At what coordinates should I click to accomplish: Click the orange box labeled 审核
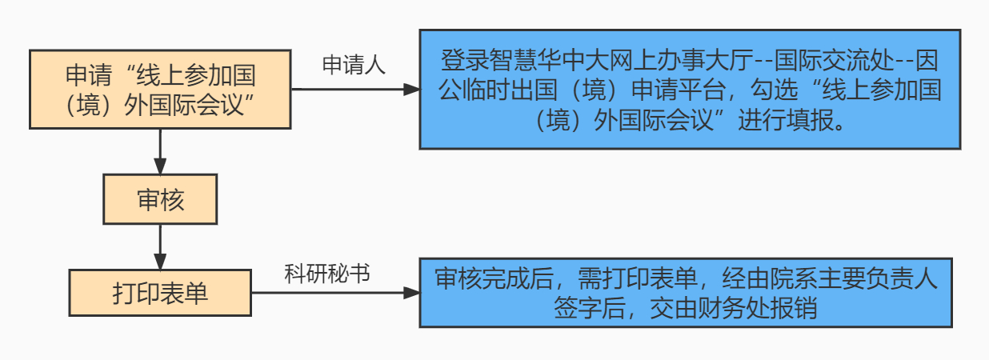point(160,199)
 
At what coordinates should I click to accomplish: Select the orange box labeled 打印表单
point(160,292)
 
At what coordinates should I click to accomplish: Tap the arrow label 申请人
point(354,66)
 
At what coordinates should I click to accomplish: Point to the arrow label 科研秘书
point(327,274)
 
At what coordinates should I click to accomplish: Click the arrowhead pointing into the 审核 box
point(160,166)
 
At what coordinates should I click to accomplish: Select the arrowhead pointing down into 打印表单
point(160,262)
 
